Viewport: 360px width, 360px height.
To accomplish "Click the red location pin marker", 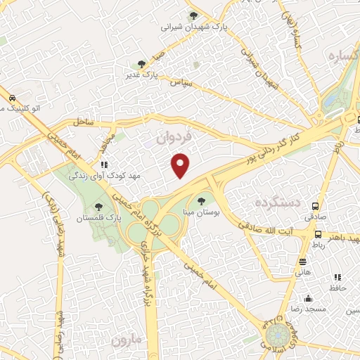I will point(181,165).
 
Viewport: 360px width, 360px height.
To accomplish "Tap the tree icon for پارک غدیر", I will point(142,64).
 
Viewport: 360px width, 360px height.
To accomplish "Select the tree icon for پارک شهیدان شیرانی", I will point(193,15).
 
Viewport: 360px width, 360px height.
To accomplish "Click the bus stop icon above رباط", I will point(319,234).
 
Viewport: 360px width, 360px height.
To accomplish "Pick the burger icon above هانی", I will point(303,260).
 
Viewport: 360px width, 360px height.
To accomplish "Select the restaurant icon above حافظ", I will point(337,277).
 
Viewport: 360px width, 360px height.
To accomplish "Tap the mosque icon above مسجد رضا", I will point(308,298).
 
